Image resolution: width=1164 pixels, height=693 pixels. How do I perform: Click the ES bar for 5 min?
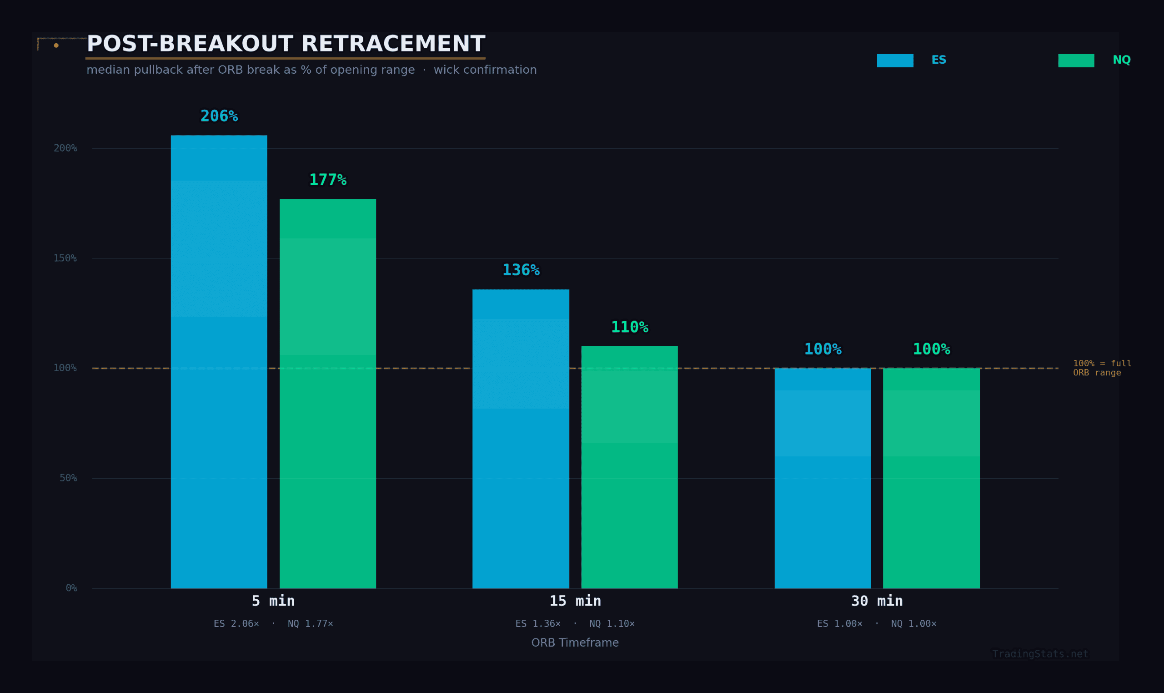(219, 362)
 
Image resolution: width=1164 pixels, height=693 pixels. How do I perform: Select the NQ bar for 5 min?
(327, 394)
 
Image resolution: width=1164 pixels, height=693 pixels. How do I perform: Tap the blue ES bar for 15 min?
(521, 439)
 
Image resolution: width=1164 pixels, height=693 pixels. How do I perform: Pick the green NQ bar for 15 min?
(629, 467)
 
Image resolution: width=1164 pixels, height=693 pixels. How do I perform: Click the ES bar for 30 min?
(823, 478)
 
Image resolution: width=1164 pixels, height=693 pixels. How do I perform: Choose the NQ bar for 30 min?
(931, 478)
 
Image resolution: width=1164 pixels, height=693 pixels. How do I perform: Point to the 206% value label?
(219, 116)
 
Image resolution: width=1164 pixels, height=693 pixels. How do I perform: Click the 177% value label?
(327, 180)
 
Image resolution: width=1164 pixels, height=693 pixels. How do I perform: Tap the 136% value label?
(521, 270)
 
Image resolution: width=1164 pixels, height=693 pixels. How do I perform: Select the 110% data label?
(629, 327)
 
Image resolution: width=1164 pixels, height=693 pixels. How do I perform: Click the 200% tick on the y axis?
(65, 148)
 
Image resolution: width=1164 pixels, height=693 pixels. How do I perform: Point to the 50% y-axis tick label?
(68, 478)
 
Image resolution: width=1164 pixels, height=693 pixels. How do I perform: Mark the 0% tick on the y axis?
(71, 588)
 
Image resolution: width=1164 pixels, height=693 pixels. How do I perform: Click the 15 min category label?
(575, 601)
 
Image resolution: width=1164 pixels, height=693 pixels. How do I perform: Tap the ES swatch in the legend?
(895, 61)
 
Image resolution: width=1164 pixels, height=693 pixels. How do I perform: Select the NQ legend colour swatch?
(1076, 61)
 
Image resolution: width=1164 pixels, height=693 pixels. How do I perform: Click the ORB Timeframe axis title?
(575, 642)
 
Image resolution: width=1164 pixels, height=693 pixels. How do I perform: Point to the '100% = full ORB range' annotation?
(1102, 368)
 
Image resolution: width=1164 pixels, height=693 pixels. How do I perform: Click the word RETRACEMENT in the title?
(393, 44)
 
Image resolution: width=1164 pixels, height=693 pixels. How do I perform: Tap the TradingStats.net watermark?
(1040, 654)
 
